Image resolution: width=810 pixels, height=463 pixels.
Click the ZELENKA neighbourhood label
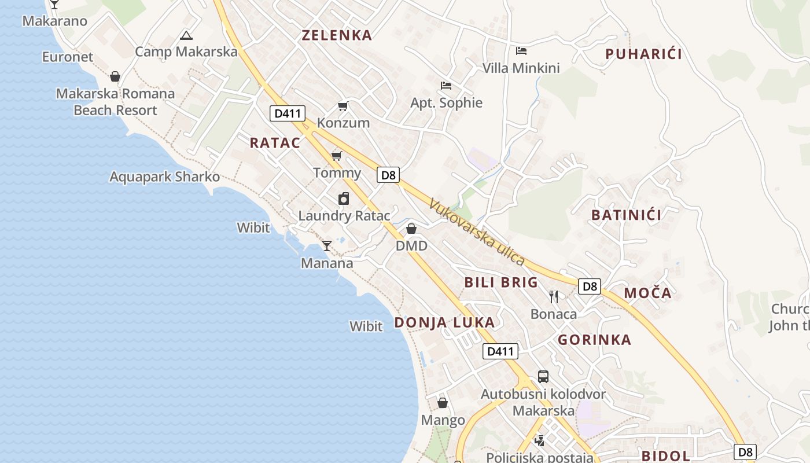point(337,35)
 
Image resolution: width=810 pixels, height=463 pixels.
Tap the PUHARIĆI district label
point(643,54)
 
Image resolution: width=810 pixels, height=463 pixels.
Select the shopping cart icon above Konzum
point(343,106)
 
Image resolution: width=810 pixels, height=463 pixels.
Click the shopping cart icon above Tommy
point(337,156)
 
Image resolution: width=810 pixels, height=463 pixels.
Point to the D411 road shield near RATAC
point(288,113)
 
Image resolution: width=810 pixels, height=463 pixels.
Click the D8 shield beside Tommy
point(388,175)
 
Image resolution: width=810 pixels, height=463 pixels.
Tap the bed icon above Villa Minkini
point(521,51)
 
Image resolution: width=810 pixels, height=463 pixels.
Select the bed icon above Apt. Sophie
point(446,86)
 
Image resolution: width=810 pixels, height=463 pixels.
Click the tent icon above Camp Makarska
point(186,35)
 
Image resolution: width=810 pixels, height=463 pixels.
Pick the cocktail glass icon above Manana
point(327,246)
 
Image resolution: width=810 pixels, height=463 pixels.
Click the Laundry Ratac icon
point(344,199)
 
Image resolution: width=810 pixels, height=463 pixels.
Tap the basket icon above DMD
point(411,229)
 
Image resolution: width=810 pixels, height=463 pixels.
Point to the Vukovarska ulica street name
point(477,233)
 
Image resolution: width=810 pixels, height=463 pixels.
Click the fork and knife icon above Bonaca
point(554,297)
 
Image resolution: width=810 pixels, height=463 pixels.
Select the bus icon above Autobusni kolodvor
point(543,377)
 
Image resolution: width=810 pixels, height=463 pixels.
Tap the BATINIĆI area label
point(626,215)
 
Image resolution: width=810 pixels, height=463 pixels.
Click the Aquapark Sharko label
point(165,177)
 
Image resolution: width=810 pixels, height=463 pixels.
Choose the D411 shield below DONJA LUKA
point(500,351)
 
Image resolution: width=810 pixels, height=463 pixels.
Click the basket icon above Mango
point(443,403)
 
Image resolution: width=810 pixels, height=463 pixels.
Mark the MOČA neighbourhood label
point(648,293)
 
